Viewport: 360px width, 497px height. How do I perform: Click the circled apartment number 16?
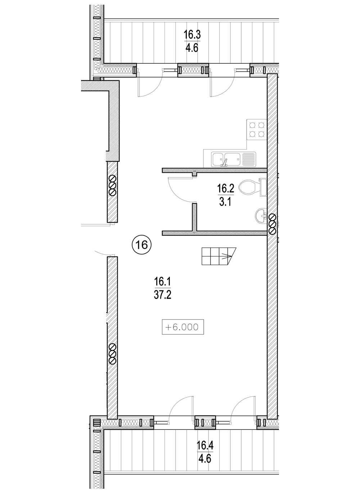[x=141, y=245]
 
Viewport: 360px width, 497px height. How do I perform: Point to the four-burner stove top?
[x=257, y=130]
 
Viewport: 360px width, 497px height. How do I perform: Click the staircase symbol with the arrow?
[x=219, y=256]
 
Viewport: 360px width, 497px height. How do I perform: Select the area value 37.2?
[x=163, y=295]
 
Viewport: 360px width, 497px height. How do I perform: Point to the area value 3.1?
[x=225, y=202]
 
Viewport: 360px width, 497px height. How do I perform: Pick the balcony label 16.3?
[x=192, y=35]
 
